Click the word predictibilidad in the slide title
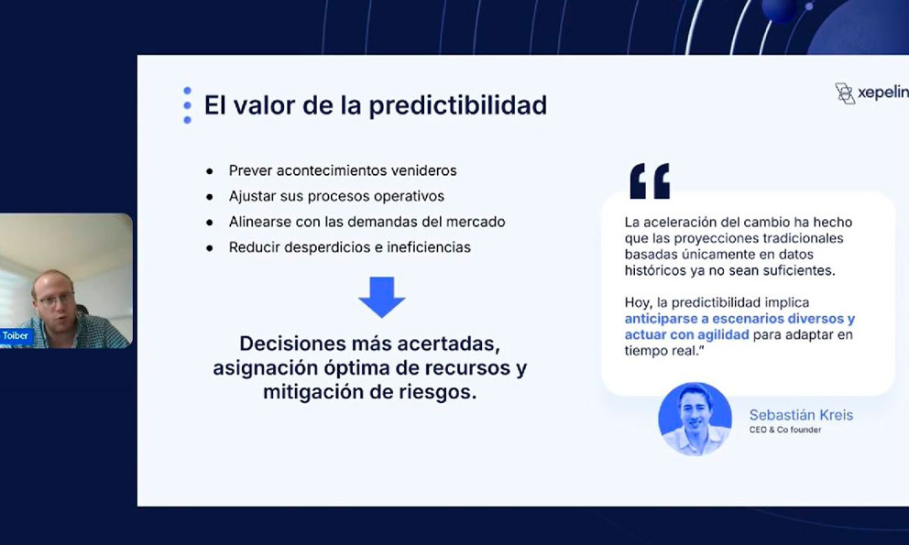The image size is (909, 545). point(457,105)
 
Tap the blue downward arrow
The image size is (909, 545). point(381,297)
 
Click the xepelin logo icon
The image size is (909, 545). point(845,93)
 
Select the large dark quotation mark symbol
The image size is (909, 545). point(650,180)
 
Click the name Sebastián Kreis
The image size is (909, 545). point(801,415)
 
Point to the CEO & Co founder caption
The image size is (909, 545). point(785,430)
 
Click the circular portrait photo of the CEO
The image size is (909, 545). point(695,419)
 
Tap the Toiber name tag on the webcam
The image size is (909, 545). point(15,335)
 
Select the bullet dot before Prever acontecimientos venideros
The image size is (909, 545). point(209,171)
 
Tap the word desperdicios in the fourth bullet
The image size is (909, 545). point(327,247)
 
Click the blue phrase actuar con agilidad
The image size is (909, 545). point(686,334)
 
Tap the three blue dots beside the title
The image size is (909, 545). point(187,105)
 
